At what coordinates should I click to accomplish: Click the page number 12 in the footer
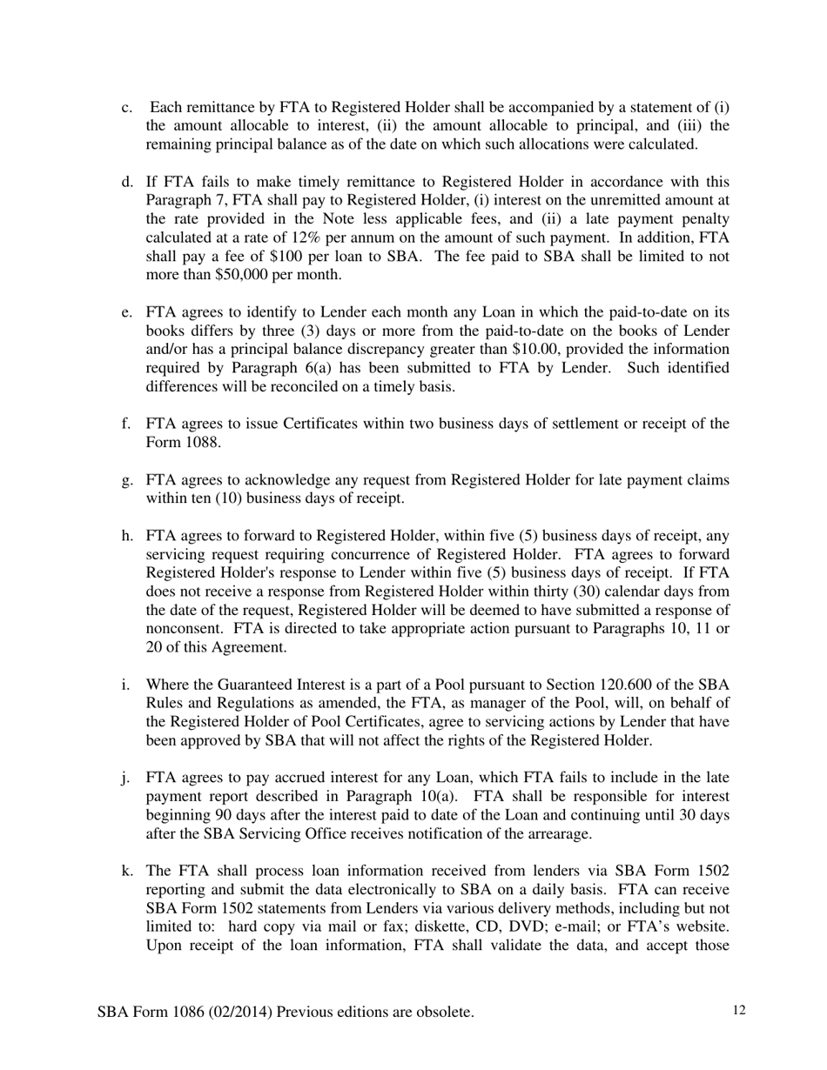point(740,1010)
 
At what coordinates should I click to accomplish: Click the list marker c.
point(127,108)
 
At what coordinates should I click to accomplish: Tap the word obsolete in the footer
point(441,1012)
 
